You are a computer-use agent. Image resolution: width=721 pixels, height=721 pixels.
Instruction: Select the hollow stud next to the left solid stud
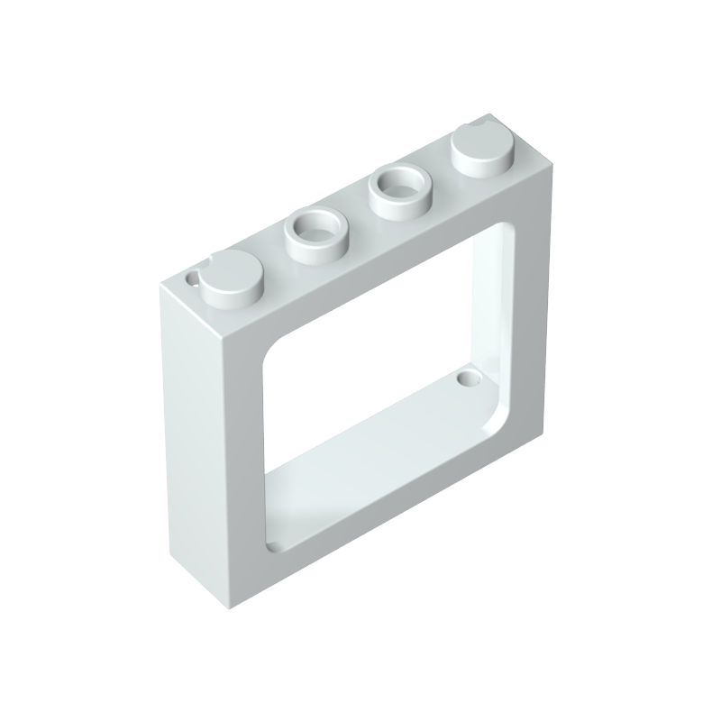(x=315, y=231)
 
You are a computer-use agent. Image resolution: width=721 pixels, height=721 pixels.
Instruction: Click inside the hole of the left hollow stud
(x=315, y=225)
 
